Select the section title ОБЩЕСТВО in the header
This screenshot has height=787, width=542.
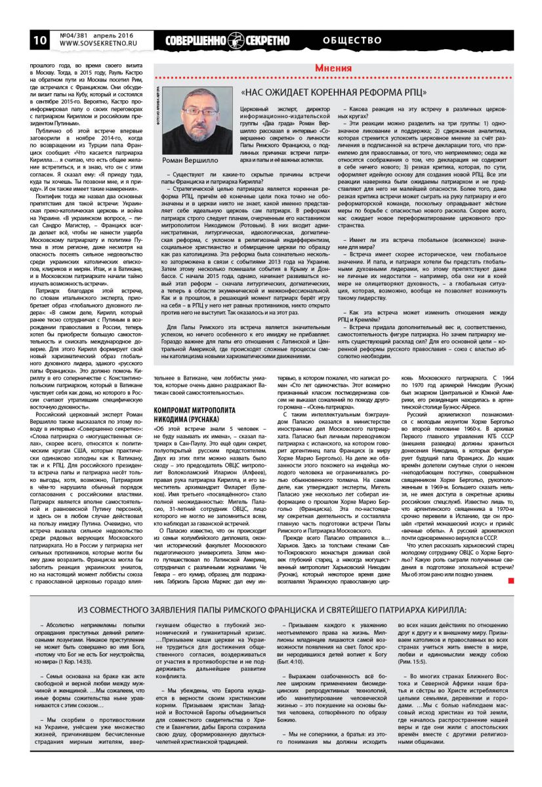[352, 40]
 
